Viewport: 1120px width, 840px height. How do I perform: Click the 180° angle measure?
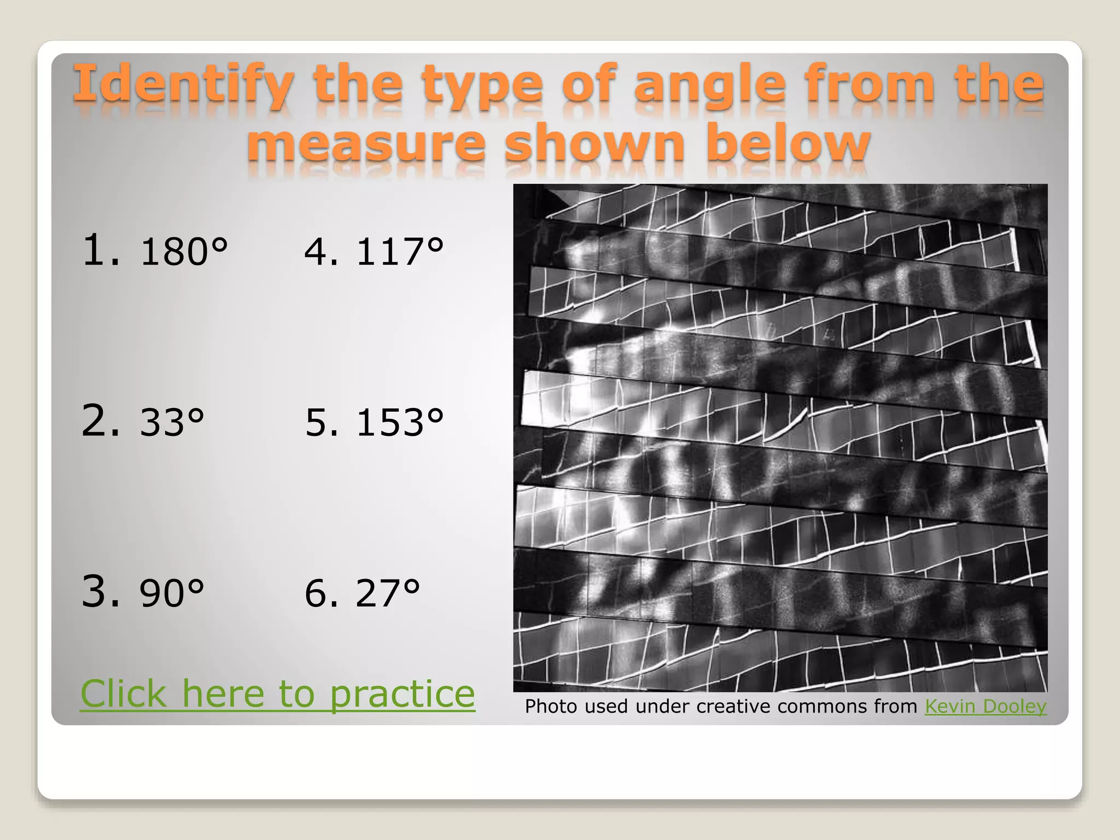click(x=183, y=252)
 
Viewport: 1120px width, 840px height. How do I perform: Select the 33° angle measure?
click(x=172, y=422)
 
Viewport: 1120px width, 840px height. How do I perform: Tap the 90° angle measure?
click(x=172, y=593)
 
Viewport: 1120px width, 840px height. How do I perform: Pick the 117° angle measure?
click(x=400, y=252)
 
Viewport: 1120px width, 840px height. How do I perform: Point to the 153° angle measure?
click(x=400, y=422)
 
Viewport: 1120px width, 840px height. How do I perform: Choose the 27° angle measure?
click(x=388, y=593)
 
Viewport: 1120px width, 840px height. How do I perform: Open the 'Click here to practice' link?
click(x=278, y=693)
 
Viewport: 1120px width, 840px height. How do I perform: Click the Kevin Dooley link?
click(x=985, y=706)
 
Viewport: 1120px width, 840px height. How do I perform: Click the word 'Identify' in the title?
click(x=184, y=85)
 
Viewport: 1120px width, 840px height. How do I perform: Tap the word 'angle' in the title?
click(x=710, y=85)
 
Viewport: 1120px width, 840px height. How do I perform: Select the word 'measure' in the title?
click(x=366, y=143)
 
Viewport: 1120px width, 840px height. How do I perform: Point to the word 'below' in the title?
click(x=787, y=143)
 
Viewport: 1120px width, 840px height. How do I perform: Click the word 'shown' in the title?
click(x=594, y=143)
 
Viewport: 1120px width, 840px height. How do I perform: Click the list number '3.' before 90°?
click(x=101, y=591)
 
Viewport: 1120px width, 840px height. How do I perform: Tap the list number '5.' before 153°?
click(x=322, y=422)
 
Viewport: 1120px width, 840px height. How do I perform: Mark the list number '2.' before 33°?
click(x=101, y=421)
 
